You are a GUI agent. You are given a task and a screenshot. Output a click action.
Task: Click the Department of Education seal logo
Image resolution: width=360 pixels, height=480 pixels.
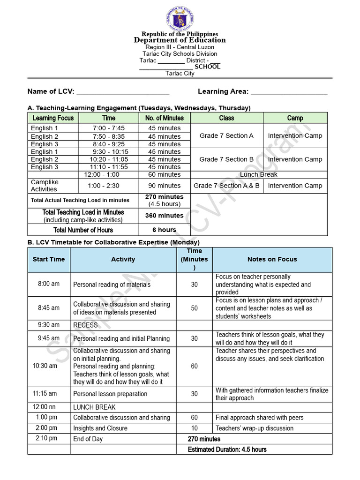[180, 19]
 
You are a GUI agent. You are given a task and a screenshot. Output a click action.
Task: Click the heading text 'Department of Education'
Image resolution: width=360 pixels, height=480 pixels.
[180, 40]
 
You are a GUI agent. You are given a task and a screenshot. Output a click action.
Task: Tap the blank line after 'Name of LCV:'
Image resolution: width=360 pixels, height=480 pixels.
[123, 92]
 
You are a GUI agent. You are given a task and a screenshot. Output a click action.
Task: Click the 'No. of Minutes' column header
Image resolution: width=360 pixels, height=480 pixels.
[165, 118]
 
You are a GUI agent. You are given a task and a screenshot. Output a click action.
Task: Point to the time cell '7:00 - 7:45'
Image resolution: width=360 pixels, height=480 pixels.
[109, 128]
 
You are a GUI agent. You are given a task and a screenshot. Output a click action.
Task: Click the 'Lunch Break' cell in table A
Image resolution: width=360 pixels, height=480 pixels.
[259, 174]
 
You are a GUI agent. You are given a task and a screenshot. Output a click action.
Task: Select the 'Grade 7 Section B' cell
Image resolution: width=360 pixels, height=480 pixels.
[226, 159]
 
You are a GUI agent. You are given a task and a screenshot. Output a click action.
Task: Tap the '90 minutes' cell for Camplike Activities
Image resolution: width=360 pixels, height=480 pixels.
[165, 186]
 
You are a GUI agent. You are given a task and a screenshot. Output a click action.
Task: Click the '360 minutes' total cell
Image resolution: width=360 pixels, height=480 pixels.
[165, 216]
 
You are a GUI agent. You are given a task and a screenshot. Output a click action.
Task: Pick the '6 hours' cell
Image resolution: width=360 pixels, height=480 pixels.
[165, 230]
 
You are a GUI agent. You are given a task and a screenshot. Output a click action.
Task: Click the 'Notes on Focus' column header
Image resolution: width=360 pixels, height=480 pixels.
[272, 259]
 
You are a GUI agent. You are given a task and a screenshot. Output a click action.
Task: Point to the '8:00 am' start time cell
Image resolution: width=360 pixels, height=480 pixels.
[49, 284]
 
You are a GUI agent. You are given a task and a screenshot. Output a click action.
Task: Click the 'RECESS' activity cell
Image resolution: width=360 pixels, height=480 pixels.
[86, 325]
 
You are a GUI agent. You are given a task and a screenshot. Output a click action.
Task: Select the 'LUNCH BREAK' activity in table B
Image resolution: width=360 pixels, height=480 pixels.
[94, 407]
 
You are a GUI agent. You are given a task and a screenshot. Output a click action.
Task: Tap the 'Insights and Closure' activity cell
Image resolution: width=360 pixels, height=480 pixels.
[100, 428]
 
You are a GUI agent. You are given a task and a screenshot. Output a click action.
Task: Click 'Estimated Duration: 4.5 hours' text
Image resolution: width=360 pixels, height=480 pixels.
[227, 450]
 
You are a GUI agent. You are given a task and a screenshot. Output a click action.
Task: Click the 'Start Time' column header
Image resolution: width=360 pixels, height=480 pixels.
[49, 259]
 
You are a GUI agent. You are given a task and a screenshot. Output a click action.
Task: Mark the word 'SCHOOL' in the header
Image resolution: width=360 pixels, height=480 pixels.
[207, 67]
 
